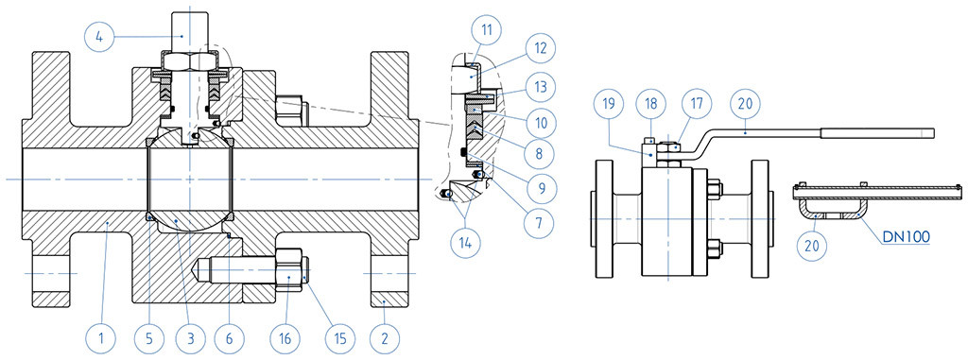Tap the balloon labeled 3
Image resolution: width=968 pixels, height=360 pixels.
pyautogui.click(x=188, y=337)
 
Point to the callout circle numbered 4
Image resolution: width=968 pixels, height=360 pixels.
pyautogui.click(x=98, y=37)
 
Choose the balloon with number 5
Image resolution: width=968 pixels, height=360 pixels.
pyautogui.click(x=150, y=337)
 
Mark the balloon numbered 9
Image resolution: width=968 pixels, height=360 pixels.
pyautogui.click(x=540, y=186)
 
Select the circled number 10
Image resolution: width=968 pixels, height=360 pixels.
pyautogui.click(x=540, y=122)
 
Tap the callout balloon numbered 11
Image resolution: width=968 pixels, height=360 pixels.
pyautogui.click(x=486, y=29)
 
